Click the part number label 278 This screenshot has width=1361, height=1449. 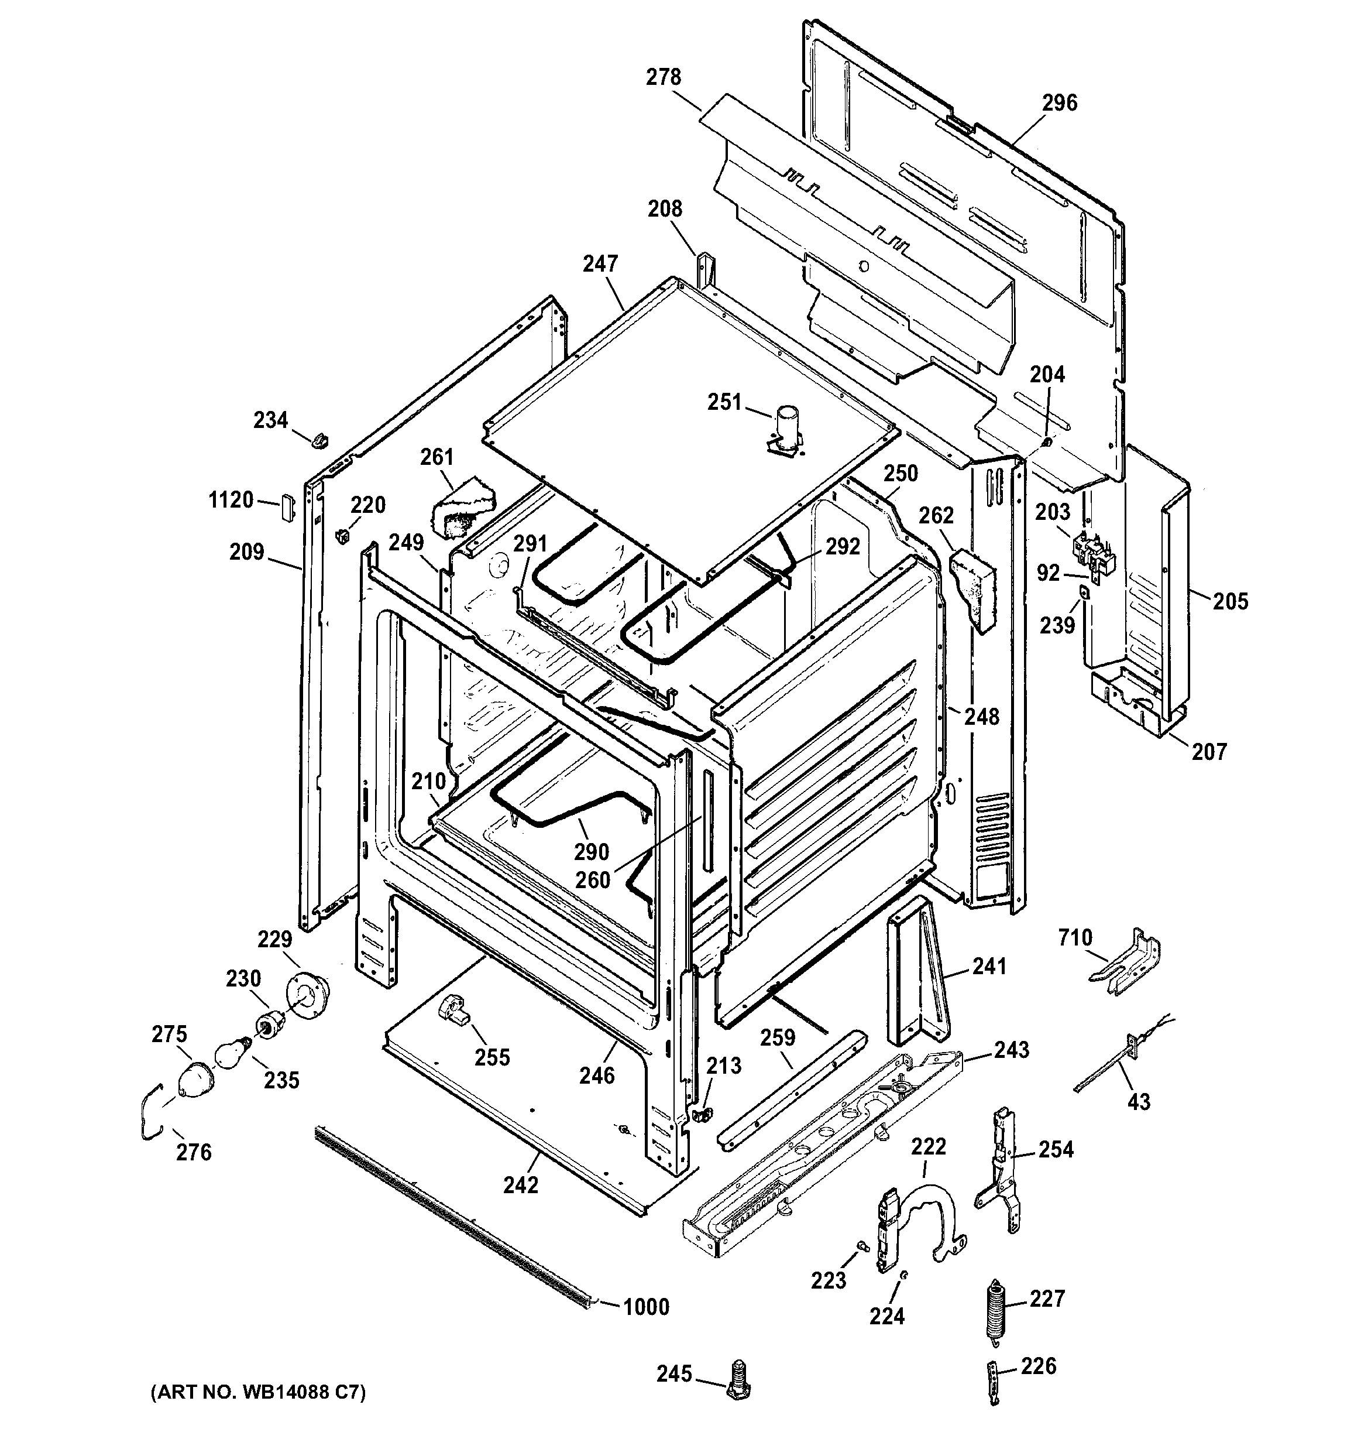[663, 77]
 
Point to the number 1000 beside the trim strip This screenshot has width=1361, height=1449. [645, 1307]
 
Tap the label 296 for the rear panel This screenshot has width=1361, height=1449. [1058, 103]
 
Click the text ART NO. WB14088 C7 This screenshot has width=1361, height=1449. [258, 1393]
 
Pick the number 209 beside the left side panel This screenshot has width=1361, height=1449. [246, 551]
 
